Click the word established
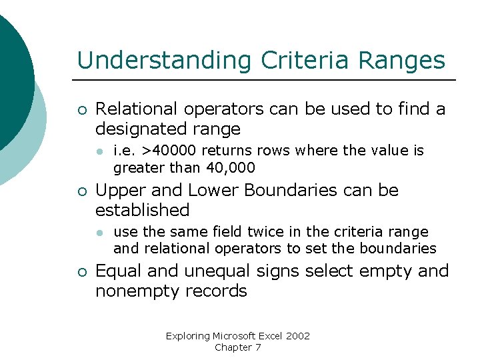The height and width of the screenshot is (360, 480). (143, 210)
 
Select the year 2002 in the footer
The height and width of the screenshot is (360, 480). (297, 336)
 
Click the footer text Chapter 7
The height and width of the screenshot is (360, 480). (238, 347)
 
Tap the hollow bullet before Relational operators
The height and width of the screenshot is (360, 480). (81, 109)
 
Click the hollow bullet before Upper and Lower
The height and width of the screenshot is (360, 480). (81, 191)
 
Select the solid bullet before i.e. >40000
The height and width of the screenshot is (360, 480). (99, 151)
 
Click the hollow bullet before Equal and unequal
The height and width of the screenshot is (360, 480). (81, 272)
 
